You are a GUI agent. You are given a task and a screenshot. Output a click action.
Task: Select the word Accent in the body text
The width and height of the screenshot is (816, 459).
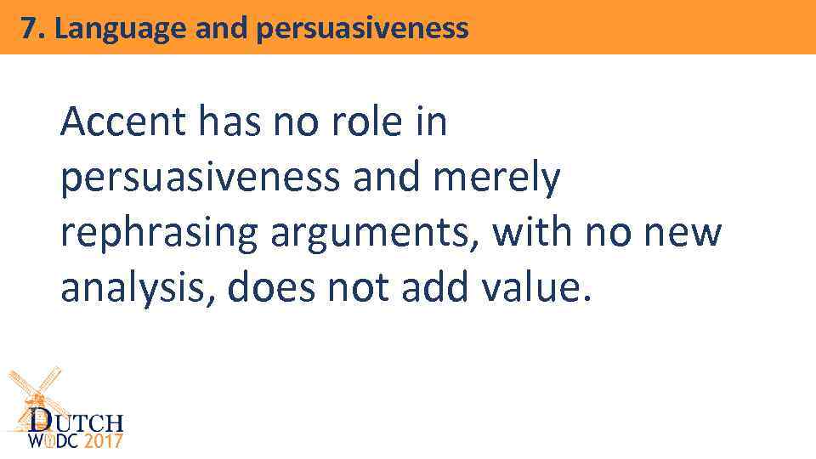(122, 123)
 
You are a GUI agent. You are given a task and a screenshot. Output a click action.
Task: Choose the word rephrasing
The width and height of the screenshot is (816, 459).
(158, 235)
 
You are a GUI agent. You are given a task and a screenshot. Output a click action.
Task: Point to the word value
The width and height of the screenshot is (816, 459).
(534, 290)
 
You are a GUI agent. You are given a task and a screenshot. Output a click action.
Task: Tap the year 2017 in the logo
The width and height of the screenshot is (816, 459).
(102, 441)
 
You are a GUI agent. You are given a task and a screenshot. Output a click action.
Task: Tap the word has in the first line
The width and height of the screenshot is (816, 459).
(231, 123)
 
